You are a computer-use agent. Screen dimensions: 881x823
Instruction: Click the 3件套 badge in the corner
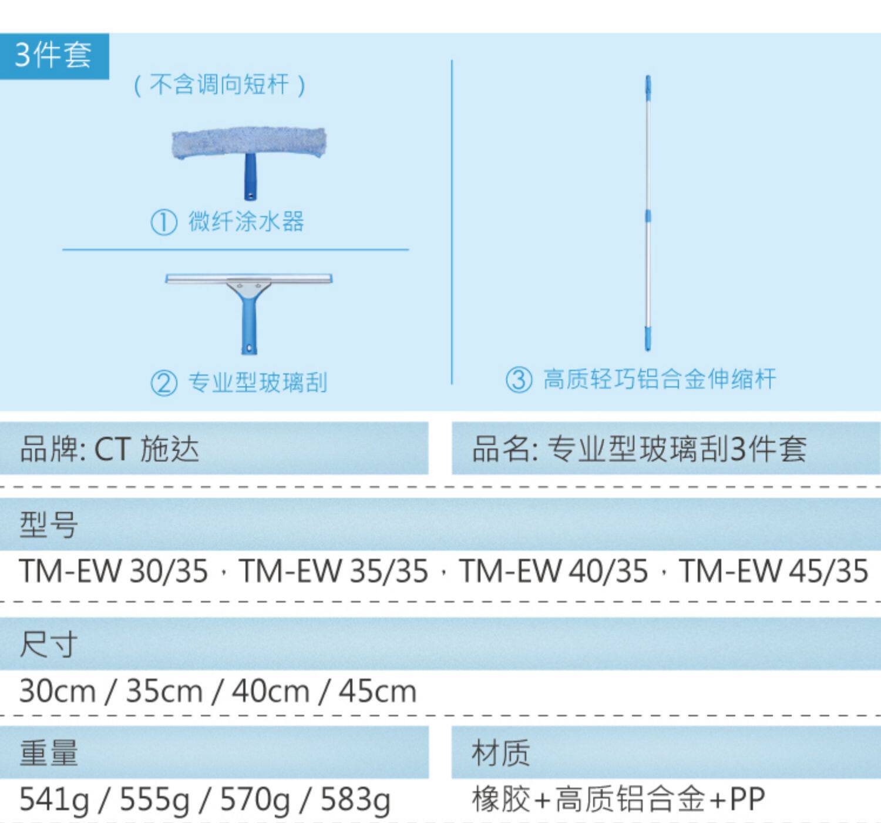point(53,55)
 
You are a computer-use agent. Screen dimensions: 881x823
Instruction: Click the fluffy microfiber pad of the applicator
point(248,142)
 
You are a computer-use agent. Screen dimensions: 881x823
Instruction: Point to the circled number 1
point(164,223)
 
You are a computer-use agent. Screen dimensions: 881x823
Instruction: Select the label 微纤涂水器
point(246,222)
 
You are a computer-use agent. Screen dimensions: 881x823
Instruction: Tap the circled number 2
point(164,384)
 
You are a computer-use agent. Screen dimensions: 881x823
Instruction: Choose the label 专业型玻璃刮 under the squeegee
point(257,383)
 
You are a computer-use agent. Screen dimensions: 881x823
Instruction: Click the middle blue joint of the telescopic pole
point(648,216)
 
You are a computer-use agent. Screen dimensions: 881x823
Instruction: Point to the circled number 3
point(519,380)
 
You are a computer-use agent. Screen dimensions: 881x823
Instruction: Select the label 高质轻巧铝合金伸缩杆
point(659,379)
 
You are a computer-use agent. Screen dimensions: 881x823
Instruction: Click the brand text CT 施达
point(146,449)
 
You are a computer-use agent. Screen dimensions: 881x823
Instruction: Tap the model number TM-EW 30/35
point(113,571)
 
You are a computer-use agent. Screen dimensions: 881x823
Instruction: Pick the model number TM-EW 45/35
point(774,571)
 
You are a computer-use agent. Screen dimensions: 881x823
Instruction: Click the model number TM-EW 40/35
point(553,571)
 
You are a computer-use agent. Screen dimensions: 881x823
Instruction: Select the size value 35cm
point(164,691)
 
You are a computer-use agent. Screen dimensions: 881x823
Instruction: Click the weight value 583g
point(355,799)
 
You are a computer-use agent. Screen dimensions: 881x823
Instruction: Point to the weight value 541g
point(54,799)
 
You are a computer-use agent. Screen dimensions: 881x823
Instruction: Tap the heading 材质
point(500,753)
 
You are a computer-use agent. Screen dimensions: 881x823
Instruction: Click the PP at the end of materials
point(747,799)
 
